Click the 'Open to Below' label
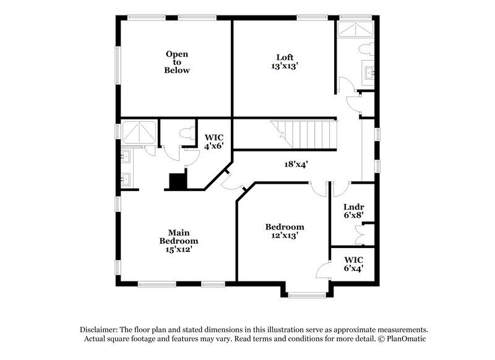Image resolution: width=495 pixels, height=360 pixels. coord(176,62)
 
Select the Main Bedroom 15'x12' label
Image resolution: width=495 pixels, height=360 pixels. coord(178,241)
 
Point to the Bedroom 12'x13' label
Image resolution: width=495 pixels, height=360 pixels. coord(285,231)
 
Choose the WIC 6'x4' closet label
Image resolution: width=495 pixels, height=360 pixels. coord(353,264)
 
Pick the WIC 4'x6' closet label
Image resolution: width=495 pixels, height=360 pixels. coord(213,141)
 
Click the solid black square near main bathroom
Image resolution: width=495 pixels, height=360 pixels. coord(178,181)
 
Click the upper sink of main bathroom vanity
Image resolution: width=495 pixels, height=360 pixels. coord(126,156)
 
